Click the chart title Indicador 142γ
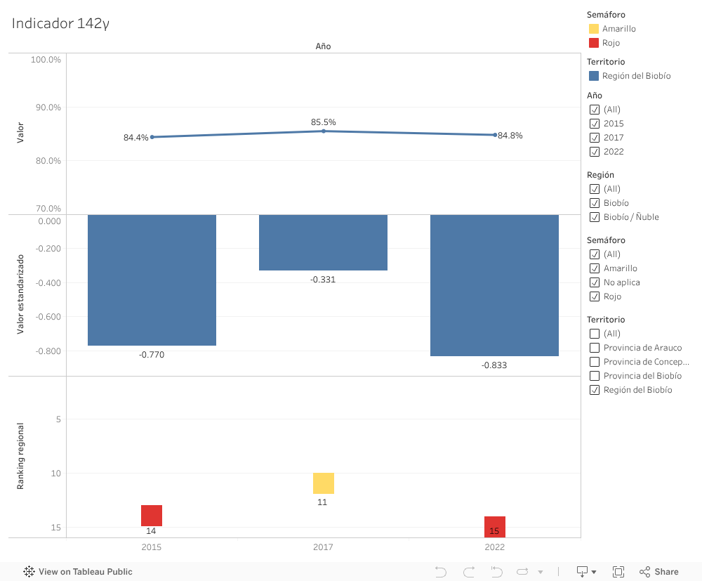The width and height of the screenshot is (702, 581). pos(60,23)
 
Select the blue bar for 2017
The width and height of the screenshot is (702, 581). pos(323,242)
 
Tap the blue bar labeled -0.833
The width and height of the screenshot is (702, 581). pos(494,285)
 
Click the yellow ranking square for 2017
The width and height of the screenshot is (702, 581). pos(323,483)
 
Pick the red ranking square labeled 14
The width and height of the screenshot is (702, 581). pos(152,515)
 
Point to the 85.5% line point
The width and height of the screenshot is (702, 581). pos(324,131)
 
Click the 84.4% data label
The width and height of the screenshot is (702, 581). pos(135,138)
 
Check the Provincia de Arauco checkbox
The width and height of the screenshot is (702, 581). pos(595,348)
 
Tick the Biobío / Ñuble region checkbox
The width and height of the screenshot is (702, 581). pos(595,217)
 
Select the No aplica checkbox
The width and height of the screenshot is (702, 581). pos(595,282)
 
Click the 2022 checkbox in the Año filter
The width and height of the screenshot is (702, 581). pos(595,152)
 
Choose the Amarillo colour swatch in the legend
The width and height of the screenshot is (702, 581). pos(594,29)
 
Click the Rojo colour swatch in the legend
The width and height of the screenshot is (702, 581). pos(594,43)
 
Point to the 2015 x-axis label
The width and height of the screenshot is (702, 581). pos(151,547)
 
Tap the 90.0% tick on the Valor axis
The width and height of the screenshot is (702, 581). pos(46,107)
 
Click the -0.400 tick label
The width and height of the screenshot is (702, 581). pos(47,282)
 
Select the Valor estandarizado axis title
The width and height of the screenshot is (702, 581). pos(20,294)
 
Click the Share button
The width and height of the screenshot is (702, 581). pos(659,572)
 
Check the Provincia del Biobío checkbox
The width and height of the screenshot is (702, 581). pos(595,376)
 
